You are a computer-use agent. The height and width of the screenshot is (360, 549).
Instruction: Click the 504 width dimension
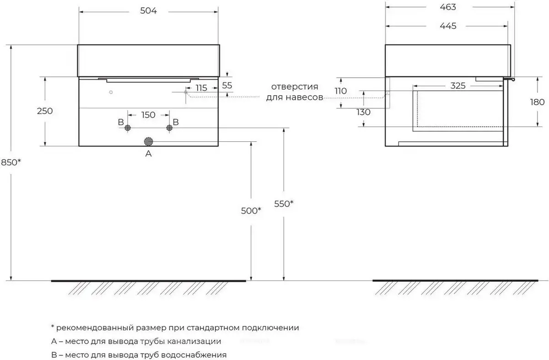148,11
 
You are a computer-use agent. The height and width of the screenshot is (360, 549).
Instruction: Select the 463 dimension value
448,7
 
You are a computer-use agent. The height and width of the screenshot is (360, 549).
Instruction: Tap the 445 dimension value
448,26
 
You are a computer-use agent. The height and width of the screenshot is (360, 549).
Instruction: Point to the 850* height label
10,162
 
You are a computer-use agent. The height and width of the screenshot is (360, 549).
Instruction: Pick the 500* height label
251,210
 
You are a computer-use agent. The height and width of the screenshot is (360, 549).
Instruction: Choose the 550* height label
284,204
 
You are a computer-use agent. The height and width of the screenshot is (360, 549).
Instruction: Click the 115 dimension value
201,88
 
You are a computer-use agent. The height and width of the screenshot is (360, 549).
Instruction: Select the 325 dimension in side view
457,86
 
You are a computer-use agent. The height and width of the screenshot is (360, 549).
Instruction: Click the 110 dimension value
340,91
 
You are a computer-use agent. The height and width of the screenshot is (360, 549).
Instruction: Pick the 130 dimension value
363,112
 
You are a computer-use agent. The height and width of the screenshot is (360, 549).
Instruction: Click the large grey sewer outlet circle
148,141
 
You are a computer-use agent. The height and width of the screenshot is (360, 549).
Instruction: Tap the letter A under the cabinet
148,154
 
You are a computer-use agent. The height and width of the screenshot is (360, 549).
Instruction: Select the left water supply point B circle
128,128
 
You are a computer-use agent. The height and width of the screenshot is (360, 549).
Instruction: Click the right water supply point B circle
170,128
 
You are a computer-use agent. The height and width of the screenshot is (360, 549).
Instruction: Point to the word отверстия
295,86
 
